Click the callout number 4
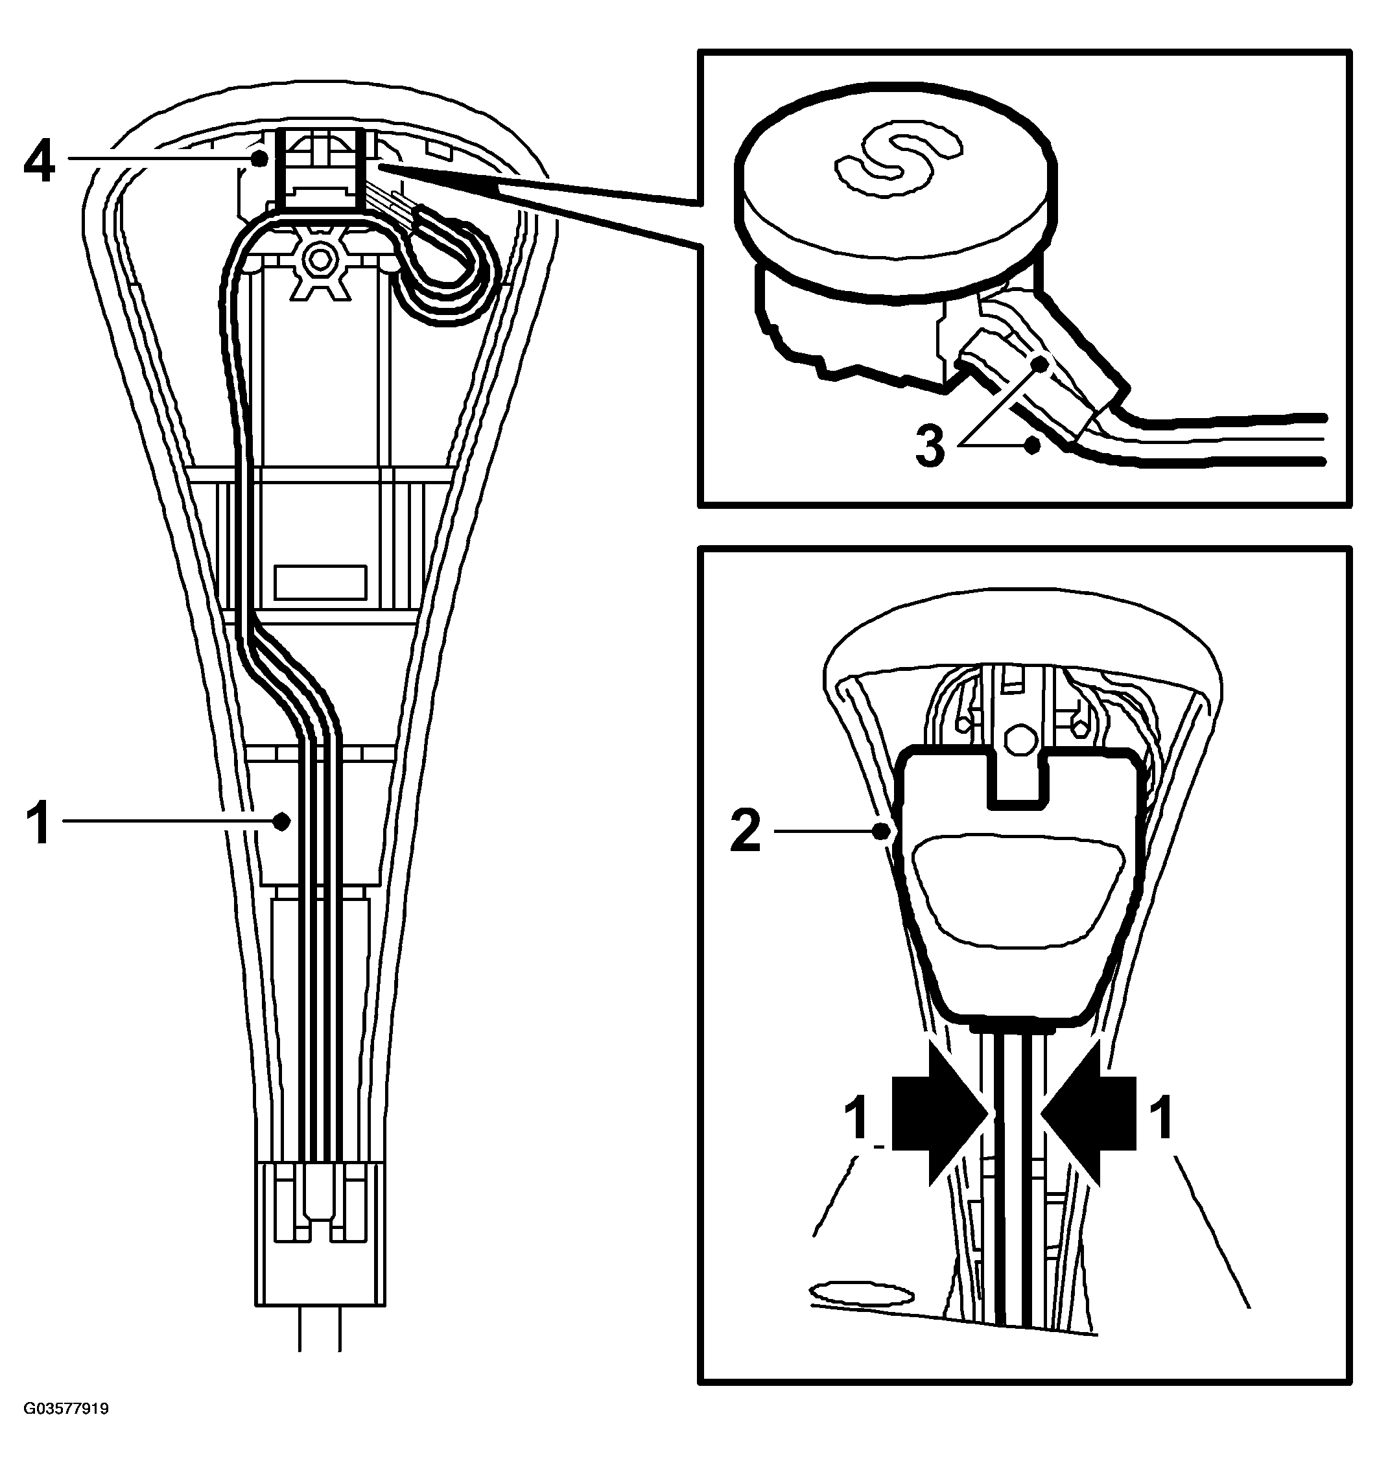[40, 163]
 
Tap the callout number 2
[746, 832]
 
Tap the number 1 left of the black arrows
[858, 1118]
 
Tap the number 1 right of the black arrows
[1163, 1118]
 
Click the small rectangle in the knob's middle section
[320, 582]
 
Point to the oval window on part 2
[1018, 891]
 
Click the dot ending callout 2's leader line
[882, 832]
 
